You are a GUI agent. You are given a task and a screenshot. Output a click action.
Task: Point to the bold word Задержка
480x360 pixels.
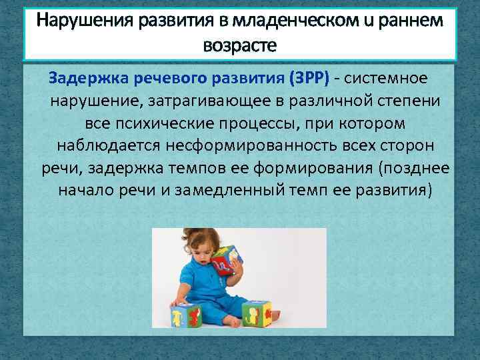click(85, 79)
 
